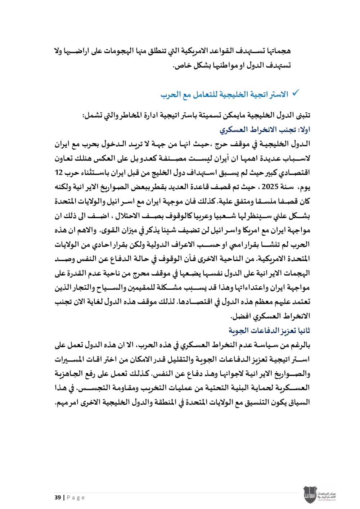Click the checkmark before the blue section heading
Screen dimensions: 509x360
[295, 93]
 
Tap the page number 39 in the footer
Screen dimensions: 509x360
[58, 497]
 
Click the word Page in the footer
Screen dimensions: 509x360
[76, 497]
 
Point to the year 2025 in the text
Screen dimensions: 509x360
[270, 187]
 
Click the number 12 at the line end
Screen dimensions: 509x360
[59, 172]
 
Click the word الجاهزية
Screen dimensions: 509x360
[71, 374]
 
